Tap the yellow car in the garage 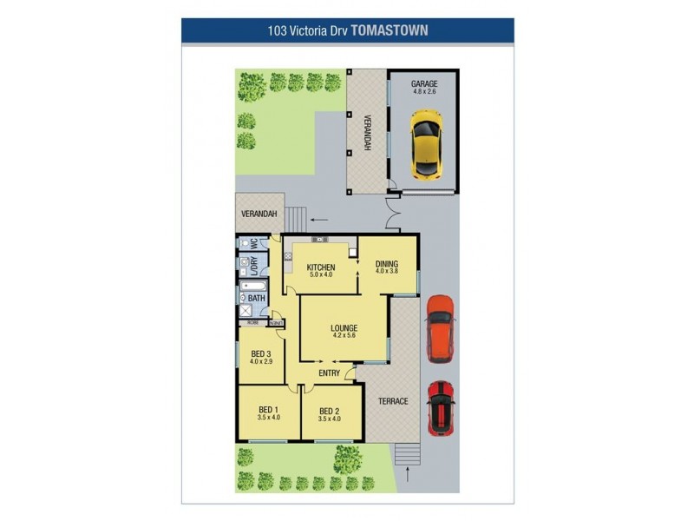point(425,142)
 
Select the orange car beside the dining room point(440,331)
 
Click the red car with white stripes point(441,407)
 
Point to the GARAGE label point(424,84)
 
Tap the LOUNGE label point(344,327)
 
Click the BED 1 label point(269,410)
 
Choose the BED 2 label point(328,411)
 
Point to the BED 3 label point(261,353)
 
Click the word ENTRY point(329,373)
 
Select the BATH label point(257,299)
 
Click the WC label point(254,244)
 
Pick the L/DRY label point(254,267)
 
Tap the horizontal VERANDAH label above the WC point(259,214)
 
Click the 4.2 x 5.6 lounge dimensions point(344,336)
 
